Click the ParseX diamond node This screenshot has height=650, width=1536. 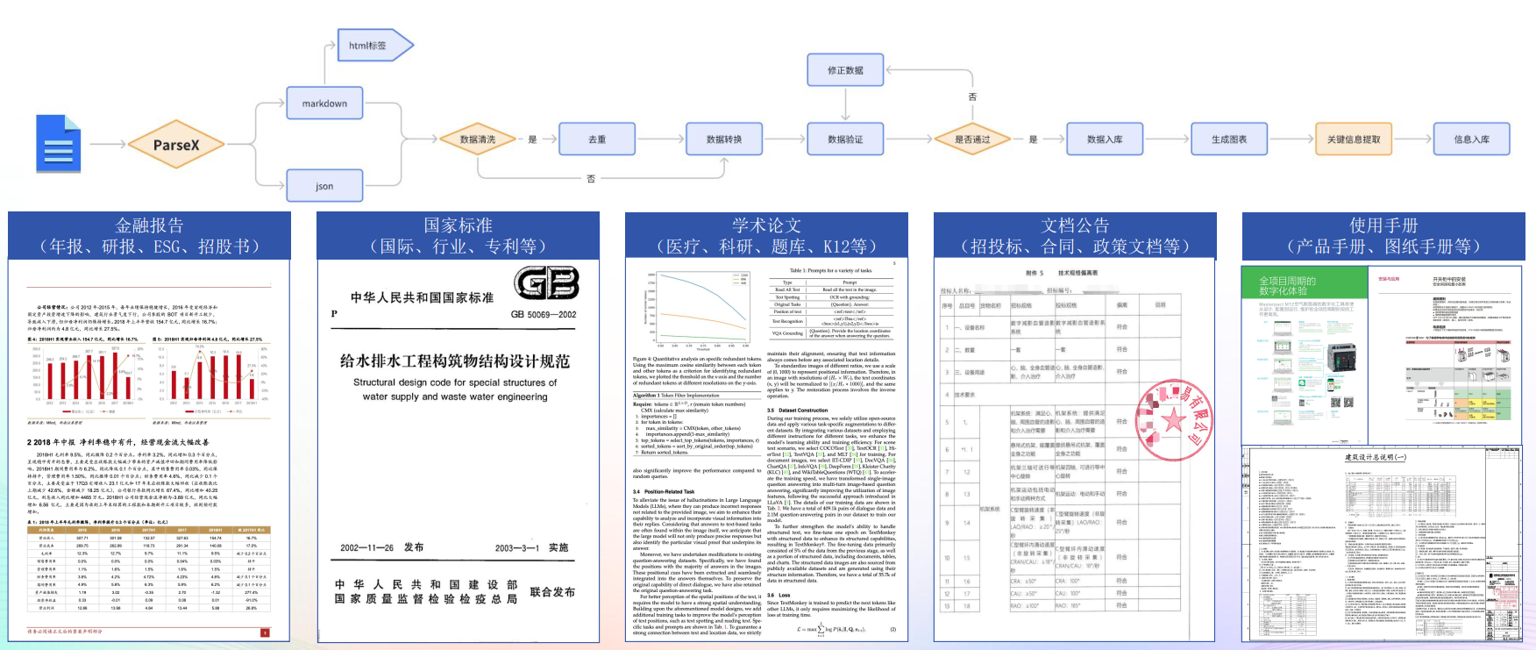tap(176, 145)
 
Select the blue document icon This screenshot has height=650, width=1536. tap(59, 144)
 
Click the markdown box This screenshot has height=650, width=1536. tap(324, 104)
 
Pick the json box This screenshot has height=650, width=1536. tap(324, 186)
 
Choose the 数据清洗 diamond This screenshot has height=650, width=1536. tap(478, 139)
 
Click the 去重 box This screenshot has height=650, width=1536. tap(597, 139)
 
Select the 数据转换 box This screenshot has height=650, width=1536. tap(724, 139)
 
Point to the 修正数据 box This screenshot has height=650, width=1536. tap(845, 70)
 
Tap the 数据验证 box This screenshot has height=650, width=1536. tap(845, 139)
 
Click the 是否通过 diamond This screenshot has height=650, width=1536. tap(972, 139)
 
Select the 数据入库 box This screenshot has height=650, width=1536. tap(1105, 139)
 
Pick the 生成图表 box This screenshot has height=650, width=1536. tap(1229, 139)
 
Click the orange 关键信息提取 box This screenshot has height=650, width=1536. tap(1354, 139)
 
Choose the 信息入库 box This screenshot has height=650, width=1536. tap(1471, 139)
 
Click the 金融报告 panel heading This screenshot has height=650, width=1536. tap(149, 236)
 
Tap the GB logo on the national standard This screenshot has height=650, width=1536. tap(546, 283)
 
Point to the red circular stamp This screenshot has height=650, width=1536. tap(1173, 420)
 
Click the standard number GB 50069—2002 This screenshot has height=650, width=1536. tap(544, 314)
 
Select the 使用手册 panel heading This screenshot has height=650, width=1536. tap(1383, 236)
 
